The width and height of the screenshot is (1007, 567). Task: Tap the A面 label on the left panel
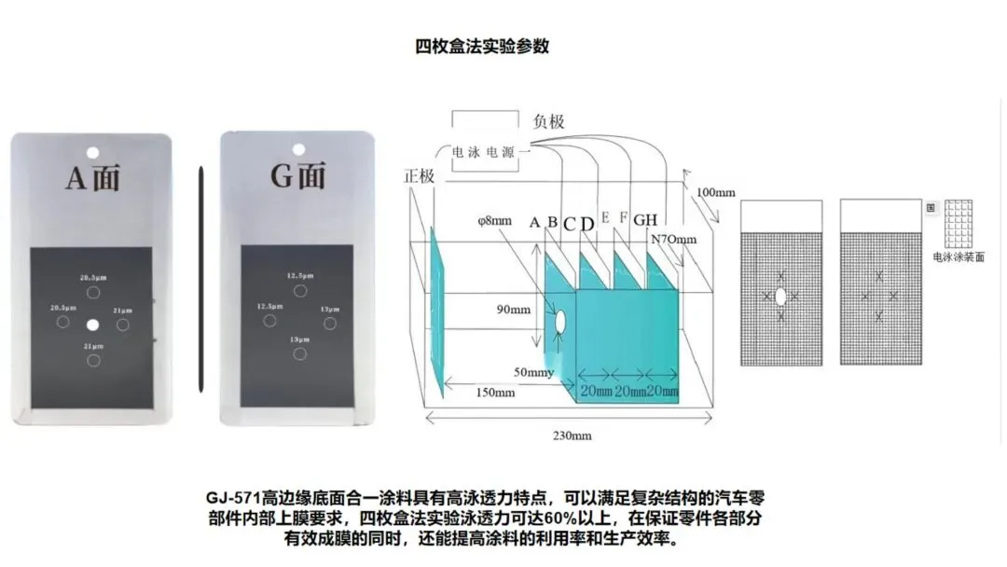tap(92, 176)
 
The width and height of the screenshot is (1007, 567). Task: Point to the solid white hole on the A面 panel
tap(92, 324)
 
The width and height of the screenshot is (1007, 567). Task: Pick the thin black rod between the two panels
tap(200, 279)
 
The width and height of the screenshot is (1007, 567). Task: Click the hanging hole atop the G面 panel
tap(298, 147)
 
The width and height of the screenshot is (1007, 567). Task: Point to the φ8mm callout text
tap(492, 222)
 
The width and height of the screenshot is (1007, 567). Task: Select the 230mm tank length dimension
tap(572, 435)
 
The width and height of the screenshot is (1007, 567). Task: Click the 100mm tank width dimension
tap(716, 192)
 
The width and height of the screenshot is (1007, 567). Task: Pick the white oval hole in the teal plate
tap(561, 322)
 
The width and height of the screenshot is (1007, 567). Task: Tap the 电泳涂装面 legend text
tap(958, 256)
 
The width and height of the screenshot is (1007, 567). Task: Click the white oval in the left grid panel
tap(780, 297)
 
